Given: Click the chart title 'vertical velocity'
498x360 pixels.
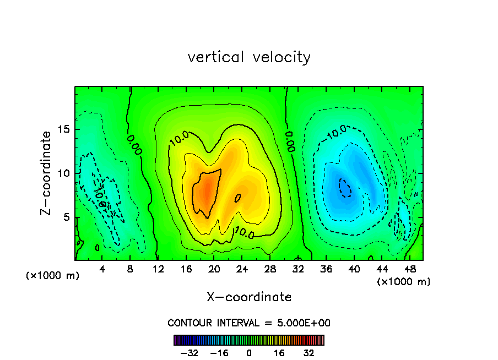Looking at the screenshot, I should tap(249, 57).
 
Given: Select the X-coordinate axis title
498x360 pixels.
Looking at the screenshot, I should tap(249, 297).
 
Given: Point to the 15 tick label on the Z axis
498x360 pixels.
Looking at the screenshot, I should tap(62, 129).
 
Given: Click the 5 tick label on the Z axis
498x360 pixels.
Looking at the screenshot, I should tap(64, 217).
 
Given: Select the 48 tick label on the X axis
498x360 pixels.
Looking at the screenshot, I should tap(409, 269).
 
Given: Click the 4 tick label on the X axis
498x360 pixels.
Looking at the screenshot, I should tap(102, 269).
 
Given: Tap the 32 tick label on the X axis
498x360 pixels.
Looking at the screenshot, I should tap(297, 269).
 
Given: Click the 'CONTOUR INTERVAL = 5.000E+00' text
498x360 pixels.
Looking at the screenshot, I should tap(249, 323).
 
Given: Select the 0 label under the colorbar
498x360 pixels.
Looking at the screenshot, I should tap(249, 353).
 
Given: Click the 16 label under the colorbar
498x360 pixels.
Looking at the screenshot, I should tap(279, 353).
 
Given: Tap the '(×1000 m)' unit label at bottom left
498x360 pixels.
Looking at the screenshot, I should tap(53, 276).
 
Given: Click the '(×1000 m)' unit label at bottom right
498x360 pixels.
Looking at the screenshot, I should tap(404, 281).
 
